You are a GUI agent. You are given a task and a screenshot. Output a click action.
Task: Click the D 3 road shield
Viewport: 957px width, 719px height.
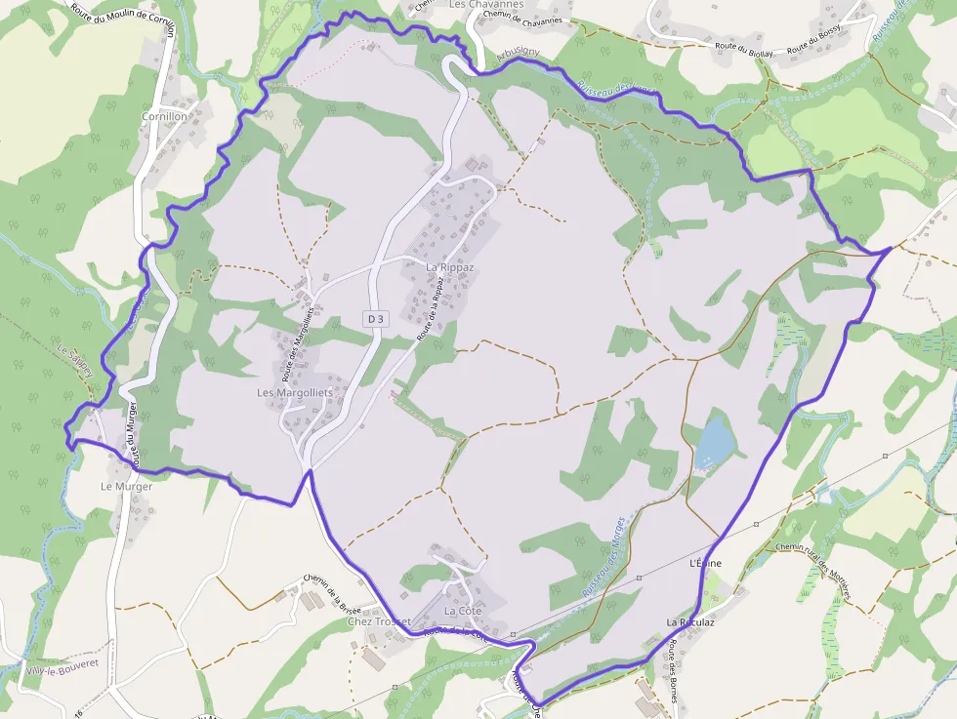pos(376,318)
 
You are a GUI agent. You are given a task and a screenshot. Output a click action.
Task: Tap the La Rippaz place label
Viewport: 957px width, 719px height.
pos(449,266)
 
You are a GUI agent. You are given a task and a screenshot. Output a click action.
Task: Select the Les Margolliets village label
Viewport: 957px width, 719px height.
pos(294,392)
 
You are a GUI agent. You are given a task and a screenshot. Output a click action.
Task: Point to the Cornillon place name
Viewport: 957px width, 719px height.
pos(164,116)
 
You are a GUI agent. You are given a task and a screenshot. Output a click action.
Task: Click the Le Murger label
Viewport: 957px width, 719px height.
pos(127,486)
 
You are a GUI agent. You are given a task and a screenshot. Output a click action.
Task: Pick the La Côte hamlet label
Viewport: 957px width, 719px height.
pos(464,611)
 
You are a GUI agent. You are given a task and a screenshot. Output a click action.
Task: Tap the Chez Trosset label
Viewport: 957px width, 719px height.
pos(379,621)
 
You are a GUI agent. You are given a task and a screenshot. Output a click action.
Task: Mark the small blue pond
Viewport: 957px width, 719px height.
pos(715,441)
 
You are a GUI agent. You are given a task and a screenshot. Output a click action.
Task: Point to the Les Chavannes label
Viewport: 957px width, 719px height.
pos(486,5)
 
